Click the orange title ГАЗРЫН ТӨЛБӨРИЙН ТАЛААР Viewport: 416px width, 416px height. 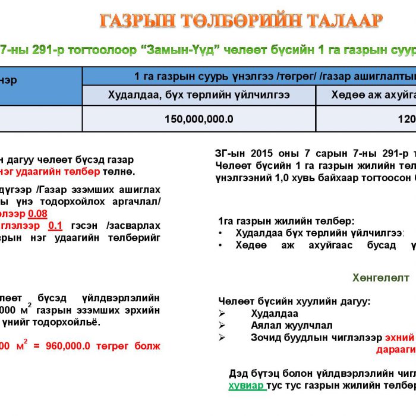241,21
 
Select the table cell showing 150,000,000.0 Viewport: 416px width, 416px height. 199,119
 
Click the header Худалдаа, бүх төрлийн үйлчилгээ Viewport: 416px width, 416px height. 198,95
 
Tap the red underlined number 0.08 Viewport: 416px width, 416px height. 39,214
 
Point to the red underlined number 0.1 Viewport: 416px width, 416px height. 55,226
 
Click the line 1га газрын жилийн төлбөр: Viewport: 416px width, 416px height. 286,220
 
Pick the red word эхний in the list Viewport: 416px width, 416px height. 399,337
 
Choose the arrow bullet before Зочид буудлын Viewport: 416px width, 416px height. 222,338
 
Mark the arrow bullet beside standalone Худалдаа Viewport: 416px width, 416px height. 222,313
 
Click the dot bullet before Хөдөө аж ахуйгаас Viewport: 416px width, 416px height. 222,245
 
